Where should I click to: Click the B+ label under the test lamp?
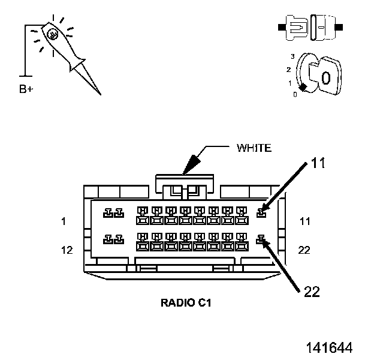tap(26, 89)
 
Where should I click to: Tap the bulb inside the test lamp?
tap(53, 34)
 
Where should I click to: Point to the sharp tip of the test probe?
tap(101, 94)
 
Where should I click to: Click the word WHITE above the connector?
tap(254, 148)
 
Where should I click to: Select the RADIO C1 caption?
tap(186, 303)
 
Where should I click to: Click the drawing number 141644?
tap(329, 347)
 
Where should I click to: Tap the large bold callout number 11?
tap(318, 163)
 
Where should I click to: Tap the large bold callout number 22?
tap(312, 292)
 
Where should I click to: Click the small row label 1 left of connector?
tap(64, 221)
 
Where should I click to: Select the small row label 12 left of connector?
tap(67, 250)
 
